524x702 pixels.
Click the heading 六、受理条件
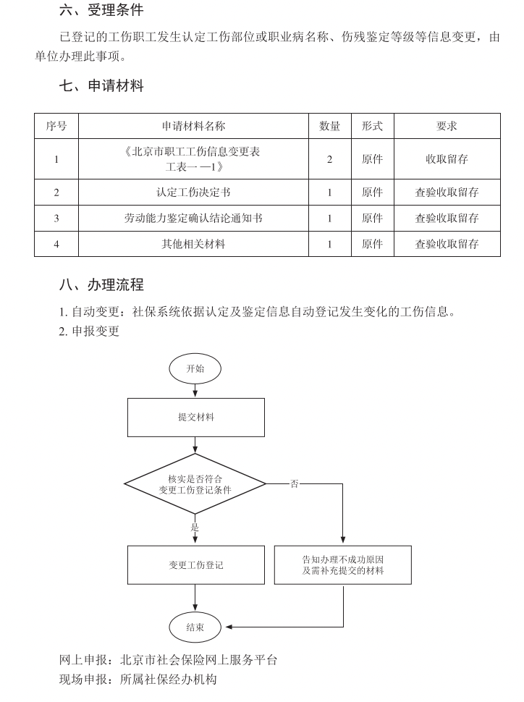coord(101,11)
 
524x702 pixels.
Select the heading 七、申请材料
coord(101,86)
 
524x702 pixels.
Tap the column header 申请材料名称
coord(193,126)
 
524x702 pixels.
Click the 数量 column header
coord(329,126)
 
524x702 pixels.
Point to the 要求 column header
coord(447,126)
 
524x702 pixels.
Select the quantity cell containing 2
coord(329,159)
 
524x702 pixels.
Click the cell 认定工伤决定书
coord(193,193)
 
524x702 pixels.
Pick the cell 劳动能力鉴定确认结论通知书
coord(193,218)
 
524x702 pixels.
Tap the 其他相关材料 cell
coord(193,244)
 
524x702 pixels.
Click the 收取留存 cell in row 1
coord(447,159)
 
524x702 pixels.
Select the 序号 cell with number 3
coord(56,218)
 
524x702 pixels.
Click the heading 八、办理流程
coord(101,285)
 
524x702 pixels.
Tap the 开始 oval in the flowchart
coord(195,368)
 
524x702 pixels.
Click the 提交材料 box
coord(195,418)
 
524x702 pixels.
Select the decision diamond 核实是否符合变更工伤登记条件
coord(195,484)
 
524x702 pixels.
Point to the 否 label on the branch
coord(294,483)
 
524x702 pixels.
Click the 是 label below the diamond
coord(195,528)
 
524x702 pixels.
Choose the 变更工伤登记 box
coord(195,564)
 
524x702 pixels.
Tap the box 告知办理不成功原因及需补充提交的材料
coord(343,564)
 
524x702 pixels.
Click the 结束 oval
coord(195,627)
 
